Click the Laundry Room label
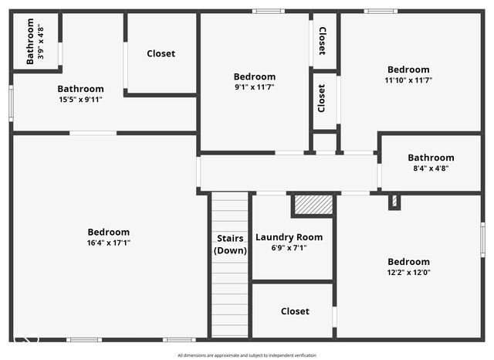coord(289,237)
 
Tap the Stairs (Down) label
coord(230,244)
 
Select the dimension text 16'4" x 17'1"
coord(108,243)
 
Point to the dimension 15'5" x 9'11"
coord(80,99)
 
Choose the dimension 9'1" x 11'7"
coord(254,87)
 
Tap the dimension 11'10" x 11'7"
coord(408,80)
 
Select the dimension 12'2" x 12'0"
coord(408,272)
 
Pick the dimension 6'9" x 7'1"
coord(289,248)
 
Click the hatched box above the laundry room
coord(313,205)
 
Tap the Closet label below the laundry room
coord(295,311)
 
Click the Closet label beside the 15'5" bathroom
coord(161,53)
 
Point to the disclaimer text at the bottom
coord(246,355)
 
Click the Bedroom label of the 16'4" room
coord(108,232)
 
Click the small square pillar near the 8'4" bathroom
coord(394,202)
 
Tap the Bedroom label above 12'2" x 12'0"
coord(408,261)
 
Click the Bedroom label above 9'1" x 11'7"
coord(254,76)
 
